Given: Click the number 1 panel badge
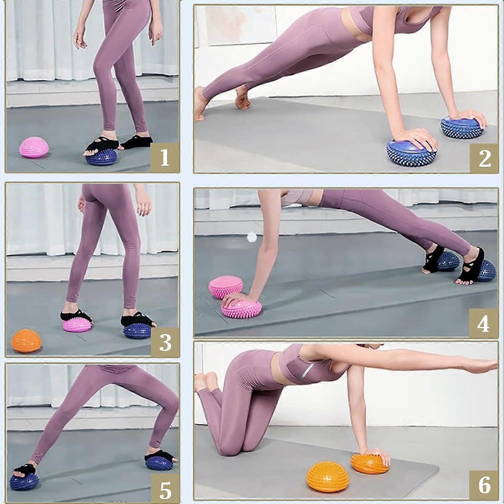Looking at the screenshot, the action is tap(164, 158).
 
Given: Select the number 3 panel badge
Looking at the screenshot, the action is tap(165, 342).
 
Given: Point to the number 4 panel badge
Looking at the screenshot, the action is tap(483, 323).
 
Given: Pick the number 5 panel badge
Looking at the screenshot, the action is tap(165, 490).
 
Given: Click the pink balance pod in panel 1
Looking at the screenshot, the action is tap(35, 150).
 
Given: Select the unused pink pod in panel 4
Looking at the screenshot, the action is tap(225, 287).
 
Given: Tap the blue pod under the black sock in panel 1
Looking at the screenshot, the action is tap(102, 157).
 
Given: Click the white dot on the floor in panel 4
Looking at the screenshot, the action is tap(250, 238).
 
